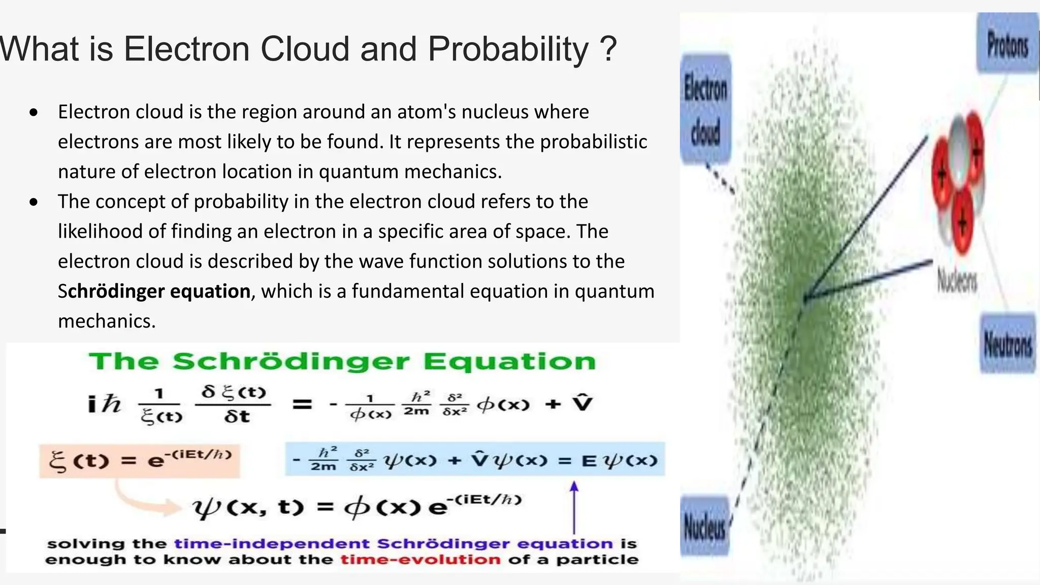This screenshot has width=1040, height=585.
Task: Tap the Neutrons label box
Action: point(1007,344)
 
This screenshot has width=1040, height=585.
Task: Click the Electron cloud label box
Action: point(705,109)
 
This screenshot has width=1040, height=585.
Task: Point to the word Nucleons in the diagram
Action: point(957,280)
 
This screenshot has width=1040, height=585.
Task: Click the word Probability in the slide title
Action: point(508,49)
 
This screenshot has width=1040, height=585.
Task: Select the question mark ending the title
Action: point(608,49)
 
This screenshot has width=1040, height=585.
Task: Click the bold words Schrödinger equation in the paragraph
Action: point(154,291)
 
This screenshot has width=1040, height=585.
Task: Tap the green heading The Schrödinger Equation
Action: point(342,362)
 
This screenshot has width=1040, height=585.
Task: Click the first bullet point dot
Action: point(34,113)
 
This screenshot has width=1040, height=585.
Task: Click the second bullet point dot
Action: point(34,203)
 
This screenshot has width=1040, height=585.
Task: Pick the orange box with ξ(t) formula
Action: point(140,461)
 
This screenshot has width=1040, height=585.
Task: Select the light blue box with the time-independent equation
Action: point(475,460)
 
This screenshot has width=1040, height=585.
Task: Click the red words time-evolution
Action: point(420,560)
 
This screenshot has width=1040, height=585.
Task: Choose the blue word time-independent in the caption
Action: point(272,544)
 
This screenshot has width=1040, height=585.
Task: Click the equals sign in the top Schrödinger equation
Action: point(302,405)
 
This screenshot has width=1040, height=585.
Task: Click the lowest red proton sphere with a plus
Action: point(961,223)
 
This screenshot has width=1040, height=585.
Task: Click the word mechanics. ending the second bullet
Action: point(107,321)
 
